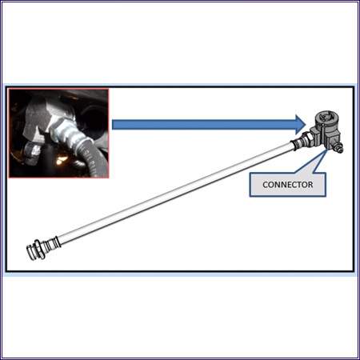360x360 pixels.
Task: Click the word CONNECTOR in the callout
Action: [288, 185]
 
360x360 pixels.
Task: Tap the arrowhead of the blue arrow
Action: [301, 125]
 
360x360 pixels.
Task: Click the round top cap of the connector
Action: [327, 118]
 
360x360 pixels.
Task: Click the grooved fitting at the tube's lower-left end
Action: [42, 248]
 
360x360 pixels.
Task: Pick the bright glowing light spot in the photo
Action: [61, 160]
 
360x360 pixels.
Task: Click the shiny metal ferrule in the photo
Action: [62, 131]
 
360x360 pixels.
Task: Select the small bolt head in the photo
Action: [31, 150]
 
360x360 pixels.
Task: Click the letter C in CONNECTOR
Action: [266, 185]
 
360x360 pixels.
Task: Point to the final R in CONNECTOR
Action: [310, 185]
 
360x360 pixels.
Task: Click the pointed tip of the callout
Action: [327, 150]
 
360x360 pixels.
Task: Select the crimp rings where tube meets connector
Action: [296, 144]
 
